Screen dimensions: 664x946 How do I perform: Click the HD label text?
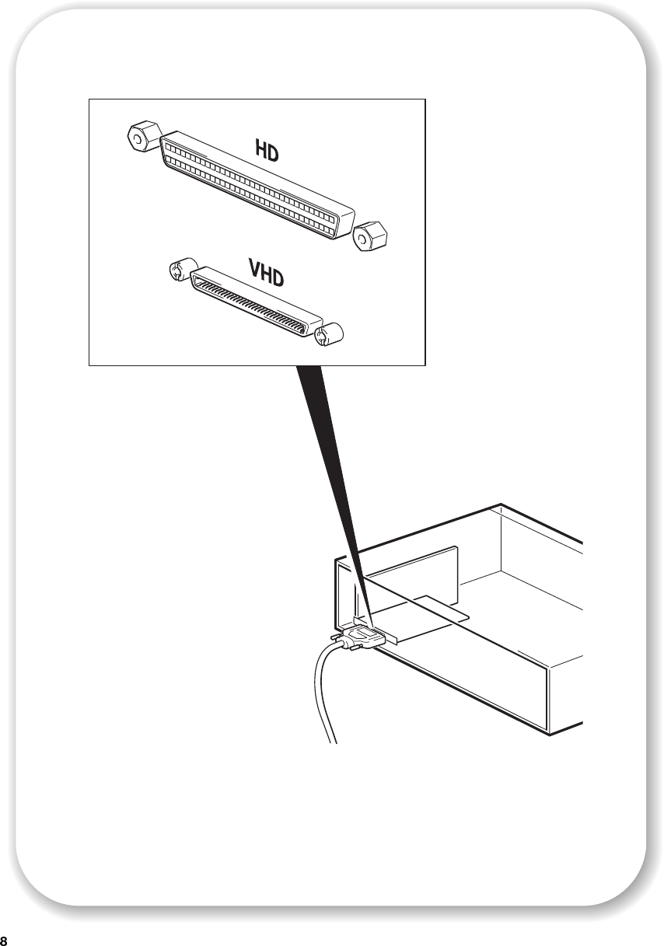[x=267, y=151]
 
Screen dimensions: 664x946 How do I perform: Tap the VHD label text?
[x=266, y=274]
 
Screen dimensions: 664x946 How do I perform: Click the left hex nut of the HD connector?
[x=144, y=135]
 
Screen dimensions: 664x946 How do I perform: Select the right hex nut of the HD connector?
[x=370, y=236]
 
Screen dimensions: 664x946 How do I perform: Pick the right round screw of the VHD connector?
[x=329, y=335]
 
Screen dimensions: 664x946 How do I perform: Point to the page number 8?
[x=4, y=941]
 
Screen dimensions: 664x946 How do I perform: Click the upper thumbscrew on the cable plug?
[x=336, y=636]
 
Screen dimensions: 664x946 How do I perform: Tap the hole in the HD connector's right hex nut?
[x=362, y=239]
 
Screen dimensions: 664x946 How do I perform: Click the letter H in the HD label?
[x=260, y=149]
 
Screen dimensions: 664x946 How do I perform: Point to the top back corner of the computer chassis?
[x=501, y=504]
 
